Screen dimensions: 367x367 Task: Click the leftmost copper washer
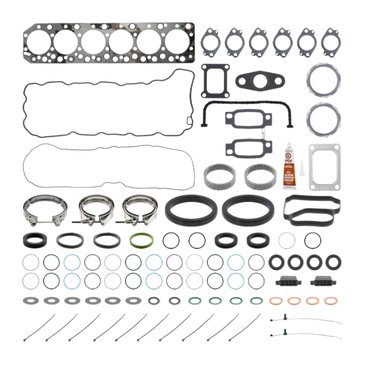[275, 300]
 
